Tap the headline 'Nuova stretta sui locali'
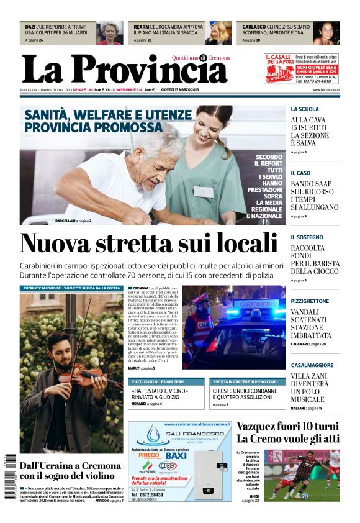tap(148, 243)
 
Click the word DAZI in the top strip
tap(30, 27)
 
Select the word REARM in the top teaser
tap(142, 27)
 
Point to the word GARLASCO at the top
tap(252, 27)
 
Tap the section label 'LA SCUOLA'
tap(304, 109)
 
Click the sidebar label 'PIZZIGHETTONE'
tap(310, 301)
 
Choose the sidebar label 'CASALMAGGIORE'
tap(312, 365)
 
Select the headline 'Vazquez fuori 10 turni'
tap(287, 427)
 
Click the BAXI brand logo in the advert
tap(176, 455)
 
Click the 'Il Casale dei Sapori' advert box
tap(301, 68)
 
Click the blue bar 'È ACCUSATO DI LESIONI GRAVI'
tap(157, 381)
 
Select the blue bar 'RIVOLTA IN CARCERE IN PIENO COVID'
tap(245, 381)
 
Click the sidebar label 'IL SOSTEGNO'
tap(307, 237)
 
